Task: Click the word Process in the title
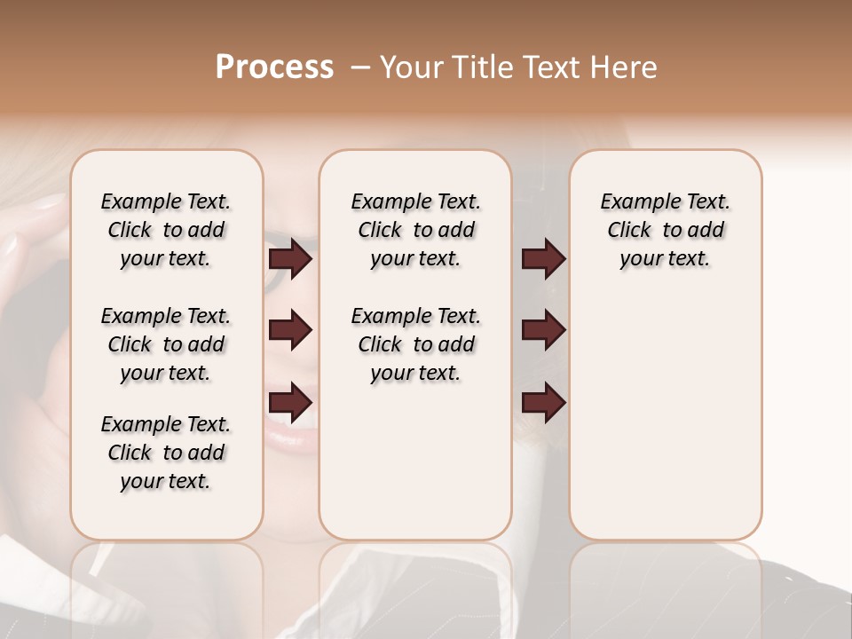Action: [x=274, y=67]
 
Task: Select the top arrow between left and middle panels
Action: [x=290, y=259]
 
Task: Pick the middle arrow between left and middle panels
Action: [x=290, y=331]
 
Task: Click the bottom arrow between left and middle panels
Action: [x=290, y=402]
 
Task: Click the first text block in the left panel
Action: [x=166, y=230]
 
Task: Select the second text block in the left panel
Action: [x=166, y=344]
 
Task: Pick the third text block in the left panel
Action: [x=166, y=453]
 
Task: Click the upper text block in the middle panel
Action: [x=416, y=230]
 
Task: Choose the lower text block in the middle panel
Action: [x=416, y=344]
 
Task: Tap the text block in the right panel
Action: [x=666, y=230]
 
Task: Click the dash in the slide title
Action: [x=360, y=67]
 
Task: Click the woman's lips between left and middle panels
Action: [x=288, y=435]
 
